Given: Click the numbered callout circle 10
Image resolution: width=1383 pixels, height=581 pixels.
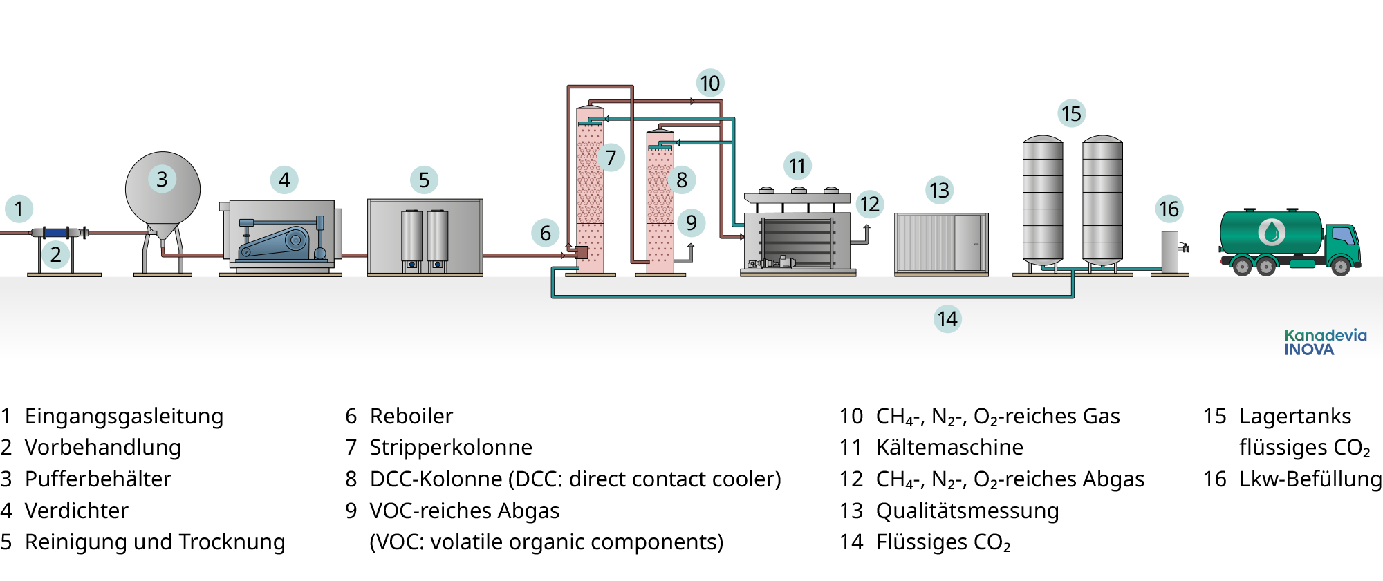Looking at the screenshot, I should pyautogui.click(x=709, y=84).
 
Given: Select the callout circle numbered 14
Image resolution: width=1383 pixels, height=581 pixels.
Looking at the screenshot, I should pyautogui.click(x=947, y=318).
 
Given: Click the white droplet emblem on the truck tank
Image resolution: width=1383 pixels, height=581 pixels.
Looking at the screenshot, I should pyautogui.click(x=1271, y=232).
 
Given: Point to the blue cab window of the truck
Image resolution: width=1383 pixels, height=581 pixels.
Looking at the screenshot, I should pyautogui.click(x=1344, y=236).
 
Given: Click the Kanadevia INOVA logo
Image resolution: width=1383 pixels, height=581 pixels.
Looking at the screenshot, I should pyautogui.click(x=1325, y=343).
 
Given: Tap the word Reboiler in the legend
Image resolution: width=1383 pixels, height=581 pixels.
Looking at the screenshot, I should pyautogui.click(x=411, y=416).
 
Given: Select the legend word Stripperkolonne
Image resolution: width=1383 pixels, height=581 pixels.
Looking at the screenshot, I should pyautogui.click(x=451, y=447).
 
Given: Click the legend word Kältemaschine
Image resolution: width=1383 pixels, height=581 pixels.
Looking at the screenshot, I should pyautogui.click(x=949, y=447).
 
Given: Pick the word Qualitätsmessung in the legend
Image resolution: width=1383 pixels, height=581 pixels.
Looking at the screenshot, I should pyautogui.click(x=967, y=511).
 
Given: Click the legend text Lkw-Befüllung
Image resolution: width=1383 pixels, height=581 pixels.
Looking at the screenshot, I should pyautogui.click(x=1310, y=479).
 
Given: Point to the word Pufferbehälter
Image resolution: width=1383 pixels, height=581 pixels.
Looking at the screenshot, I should pyautogui.click(x=98, y=479).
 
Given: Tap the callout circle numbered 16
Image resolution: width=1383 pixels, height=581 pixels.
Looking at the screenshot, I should pyautogui.click(x=1169, y=209).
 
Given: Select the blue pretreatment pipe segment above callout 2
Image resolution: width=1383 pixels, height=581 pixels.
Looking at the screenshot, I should pyautogui.click(x=56, y=232).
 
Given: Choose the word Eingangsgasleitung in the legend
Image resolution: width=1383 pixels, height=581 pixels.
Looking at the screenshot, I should pyautogui.click(x=124, y=416).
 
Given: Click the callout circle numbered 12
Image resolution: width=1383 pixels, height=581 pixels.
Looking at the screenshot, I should pyautogui.click(x=869, y=204).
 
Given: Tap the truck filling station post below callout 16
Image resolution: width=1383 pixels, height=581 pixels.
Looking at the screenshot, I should pyautogui.click(x=1169, y=252).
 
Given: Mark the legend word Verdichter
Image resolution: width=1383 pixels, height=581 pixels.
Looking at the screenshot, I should pyautogui.click(x=77, y=511).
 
